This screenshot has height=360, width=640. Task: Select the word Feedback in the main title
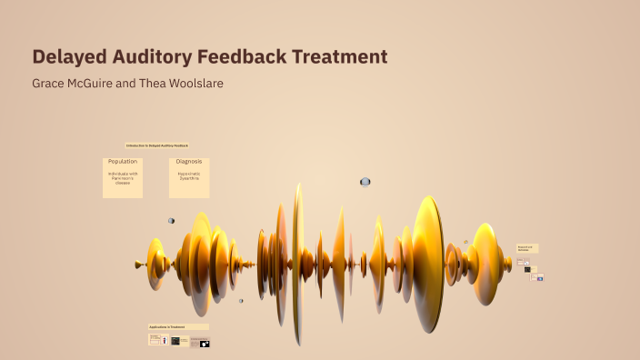tap(240, 57)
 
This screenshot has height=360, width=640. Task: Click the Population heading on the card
tap(123, 162)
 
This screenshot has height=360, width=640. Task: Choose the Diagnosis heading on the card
tap(189, 162)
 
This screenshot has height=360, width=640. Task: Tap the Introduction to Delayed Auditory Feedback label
tap(157, 145)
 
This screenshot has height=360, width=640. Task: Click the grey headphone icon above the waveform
tap(365, 182)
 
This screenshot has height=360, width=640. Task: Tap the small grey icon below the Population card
tap(171, 220)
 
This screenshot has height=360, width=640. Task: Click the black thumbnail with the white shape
tap(205, 344)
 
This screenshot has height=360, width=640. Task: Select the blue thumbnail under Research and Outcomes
tap(540, 278)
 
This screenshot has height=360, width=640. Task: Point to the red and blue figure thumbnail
tap(165, 340)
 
